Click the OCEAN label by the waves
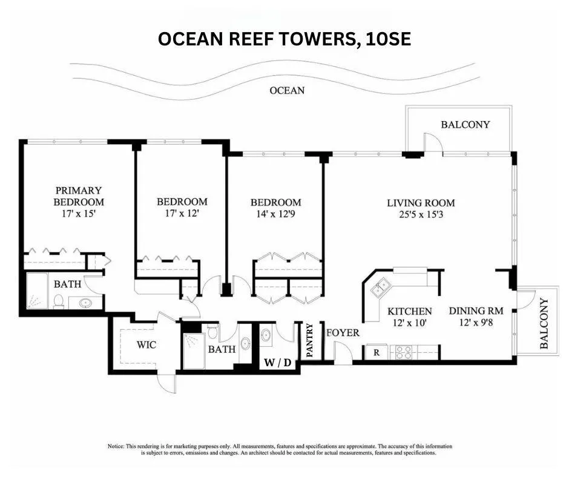[287, 91]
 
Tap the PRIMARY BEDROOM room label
[79, 196]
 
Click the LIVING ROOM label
[421, 203]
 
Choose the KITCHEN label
[410, 311]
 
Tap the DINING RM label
[476, 311]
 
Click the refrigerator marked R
[376, 352]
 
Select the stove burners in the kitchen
[404, 352]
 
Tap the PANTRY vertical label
[310, 341]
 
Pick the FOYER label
[343, 333]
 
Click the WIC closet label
[146, 345]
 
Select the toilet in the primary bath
[59, 300]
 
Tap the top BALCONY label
[465, 125]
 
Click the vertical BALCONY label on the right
[544, 323]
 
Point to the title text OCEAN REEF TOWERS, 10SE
[284, 39]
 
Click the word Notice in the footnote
[116, 446]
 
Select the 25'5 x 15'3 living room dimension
[421, 214]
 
